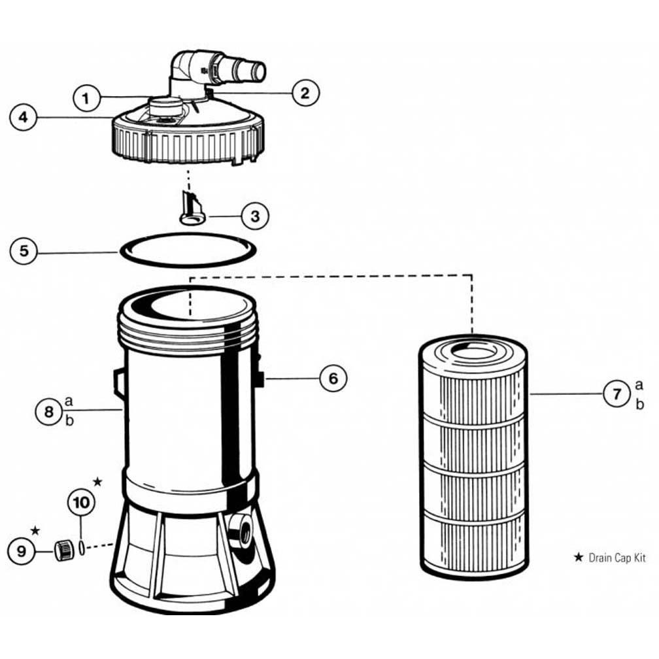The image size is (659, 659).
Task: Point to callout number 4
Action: point(24,118)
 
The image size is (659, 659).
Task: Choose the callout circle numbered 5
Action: point(24,252)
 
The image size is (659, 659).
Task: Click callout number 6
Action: point(333,378)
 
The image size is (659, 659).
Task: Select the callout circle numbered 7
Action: point(616,395)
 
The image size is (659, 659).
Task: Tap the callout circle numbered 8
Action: point(48,411)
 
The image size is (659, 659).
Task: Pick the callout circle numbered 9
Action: point(22,551)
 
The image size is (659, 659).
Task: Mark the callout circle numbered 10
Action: point(82,503)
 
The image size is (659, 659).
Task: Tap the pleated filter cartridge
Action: point(472,464)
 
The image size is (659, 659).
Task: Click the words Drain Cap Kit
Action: point(617,558)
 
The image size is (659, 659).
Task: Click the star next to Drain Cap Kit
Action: point(578,558)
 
